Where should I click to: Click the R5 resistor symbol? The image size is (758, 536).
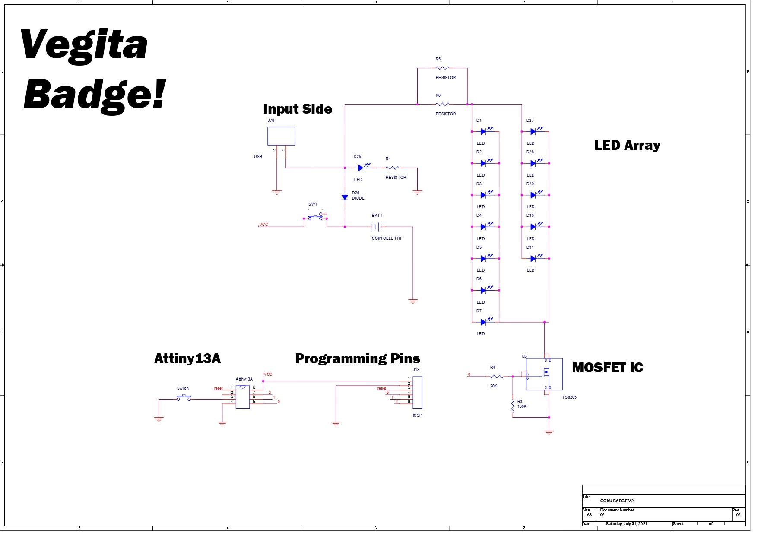[442, 68]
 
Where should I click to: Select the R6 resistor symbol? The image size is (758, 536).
[442, 104]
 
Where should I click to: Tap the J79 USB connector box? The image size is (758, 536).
[281, 136]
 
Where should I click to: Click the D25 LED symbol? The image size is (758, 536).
[362, 168]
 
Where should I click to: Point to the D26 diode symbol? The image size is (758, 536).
[345, 197]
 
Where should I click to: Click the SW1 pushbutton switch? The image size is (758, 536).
[315, 217]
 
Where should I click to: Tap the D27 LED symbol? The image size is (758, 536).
[534, 131]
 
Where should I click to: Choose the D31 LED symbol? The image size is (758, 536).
[534, 258]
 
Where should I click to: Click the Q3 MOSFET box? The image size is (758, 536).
[544, 374]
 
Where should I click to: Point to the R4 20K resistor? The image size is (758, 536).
[497, 377]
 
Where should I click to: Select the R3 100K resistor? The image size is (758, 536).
[513, 406]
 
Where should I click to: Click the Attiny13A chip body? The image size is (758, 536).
[243, 396]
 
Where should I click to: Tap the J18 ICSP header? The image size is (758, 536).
[417, 392]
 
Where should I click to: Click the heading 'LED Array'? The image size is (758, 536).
[627, 145]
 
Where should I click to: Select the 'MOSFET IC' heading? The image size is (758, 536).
[607, 368]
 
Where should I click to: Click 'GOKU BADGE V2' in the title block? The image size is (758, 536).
[617, 501]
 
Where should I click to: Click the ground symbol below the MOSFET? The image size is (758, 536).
[549, 432]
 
